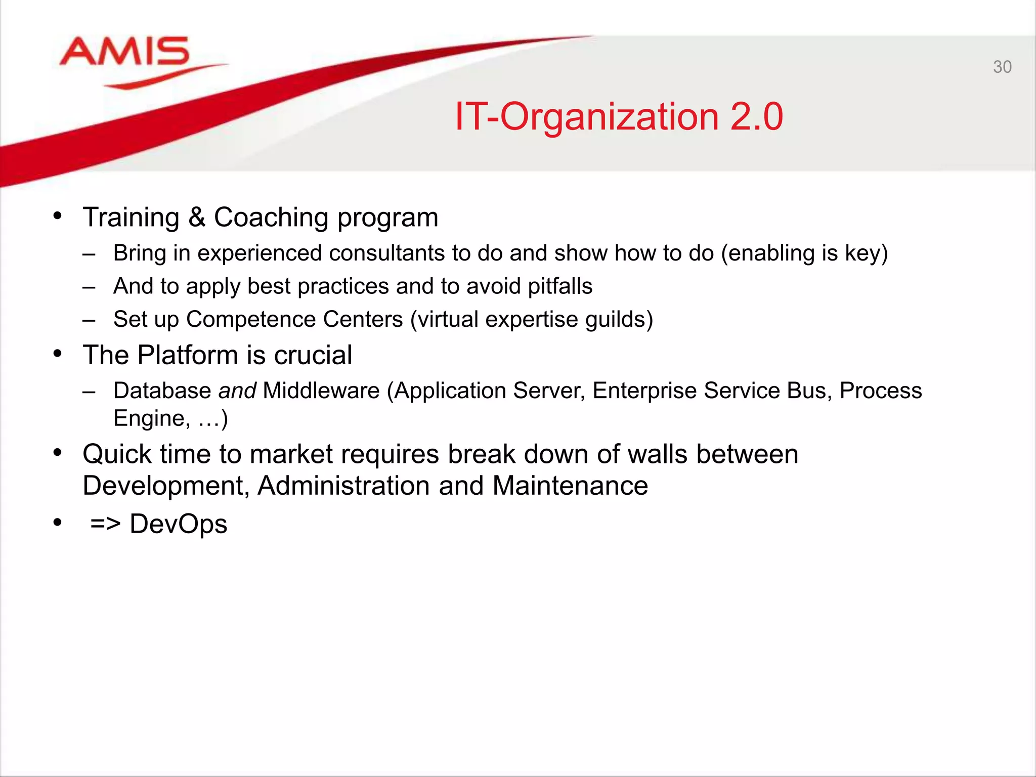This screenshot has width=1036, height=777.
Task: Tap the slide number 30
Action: tap(1002, 67)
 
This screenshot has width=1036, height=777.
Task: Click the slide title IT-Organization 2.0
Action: tap(619, 117)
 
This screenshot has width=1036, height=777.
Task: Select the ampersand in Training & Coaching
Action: tap(197, 218)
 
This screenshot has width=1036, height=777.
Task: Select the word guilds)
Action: tap(619, 320)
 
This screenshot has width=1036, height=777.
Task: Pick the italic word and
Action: tap(237, 391)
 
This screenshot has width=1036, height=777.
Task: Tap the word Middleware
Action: tap(321, 391)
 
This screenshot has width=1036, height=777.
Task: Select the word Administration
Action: tap(343, 486)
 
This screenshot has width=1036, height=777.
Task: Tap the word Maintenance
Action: tap(570, 486)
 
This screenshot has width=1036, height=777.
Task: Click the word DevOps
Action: tap(178, 524)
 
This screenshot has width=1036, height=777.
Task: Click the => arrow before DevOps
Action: tap(105, 524)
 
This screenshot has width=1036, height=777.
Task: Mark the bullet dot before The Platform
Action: tap(58, 354)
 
